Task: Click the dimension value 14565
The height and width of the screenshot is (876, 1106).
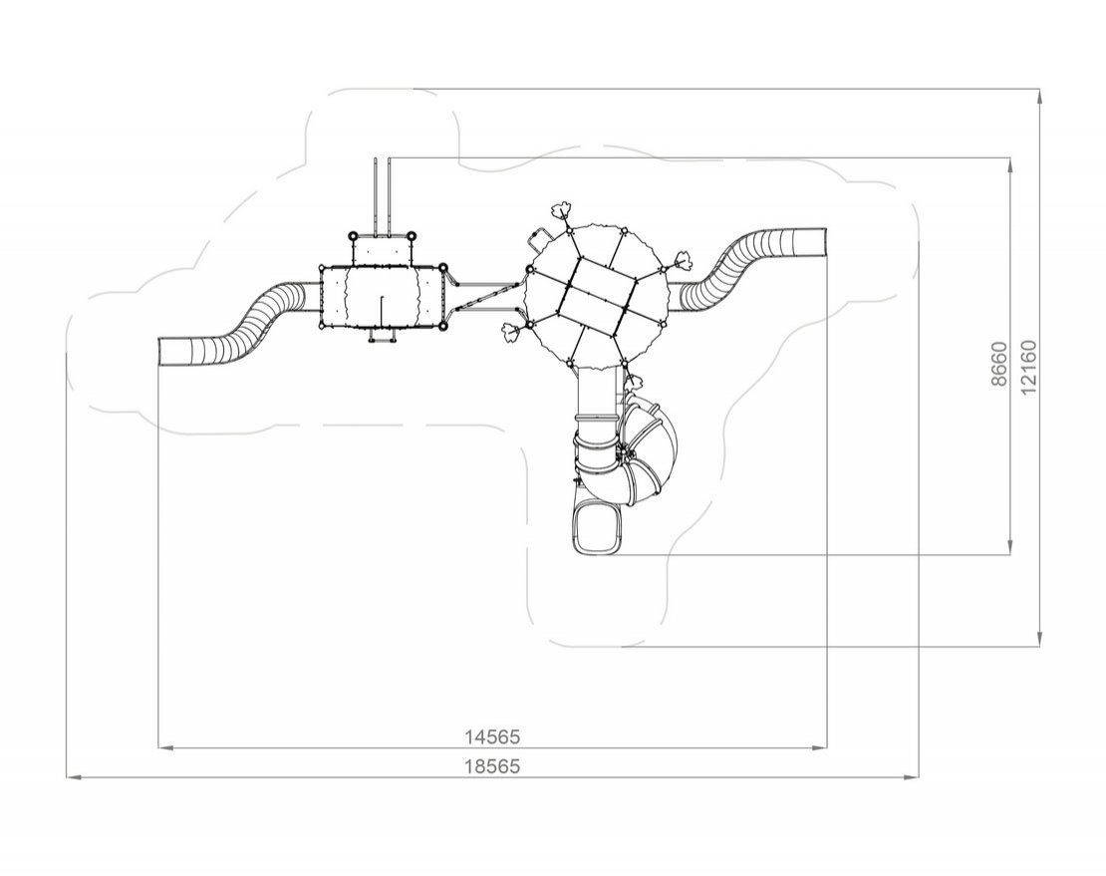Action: tap(491, 736)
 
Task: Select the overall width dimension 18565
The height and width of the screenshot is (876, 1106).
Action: tap(491, 766)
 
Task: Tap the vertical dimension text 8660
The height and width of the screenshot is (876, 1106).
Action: tap(998, 364)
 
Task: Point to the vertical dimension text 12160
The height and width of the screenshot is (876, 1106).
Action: tap(1029, 368)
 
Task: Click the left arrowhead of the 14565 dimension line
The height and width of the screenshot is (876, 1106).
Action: tap(164, 746)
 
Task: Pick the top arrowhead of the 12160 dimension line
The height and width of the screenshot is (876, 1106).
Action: tap(1040, 98)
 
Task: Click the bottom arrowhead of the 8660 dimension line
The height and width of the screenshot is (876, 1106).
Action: tap(1011, 547)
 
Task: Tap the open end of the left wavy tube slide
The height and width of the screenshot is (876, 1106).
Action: tap(160, 351)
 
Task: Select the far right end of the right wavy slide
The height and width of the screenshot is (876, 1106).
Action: tap(824, 242)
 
